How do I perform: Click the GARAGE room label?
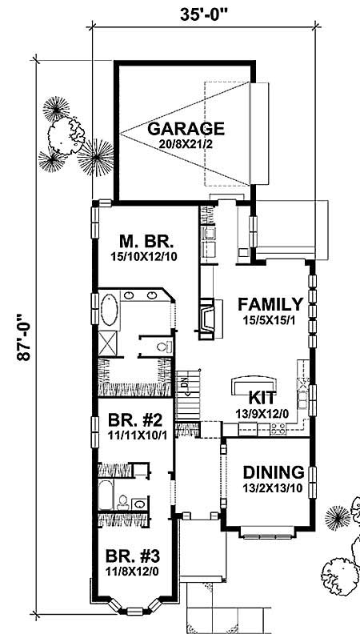coord(185,128)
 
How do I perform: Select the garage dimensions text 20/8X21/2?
coord(185,144)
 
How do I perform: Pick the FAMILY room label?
coord(270,304)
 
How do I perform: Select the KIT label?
coord(262,397)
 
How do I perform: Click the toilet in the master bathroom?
coord(163,347)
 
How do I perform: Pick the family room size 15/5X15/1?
coord(270,319)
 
